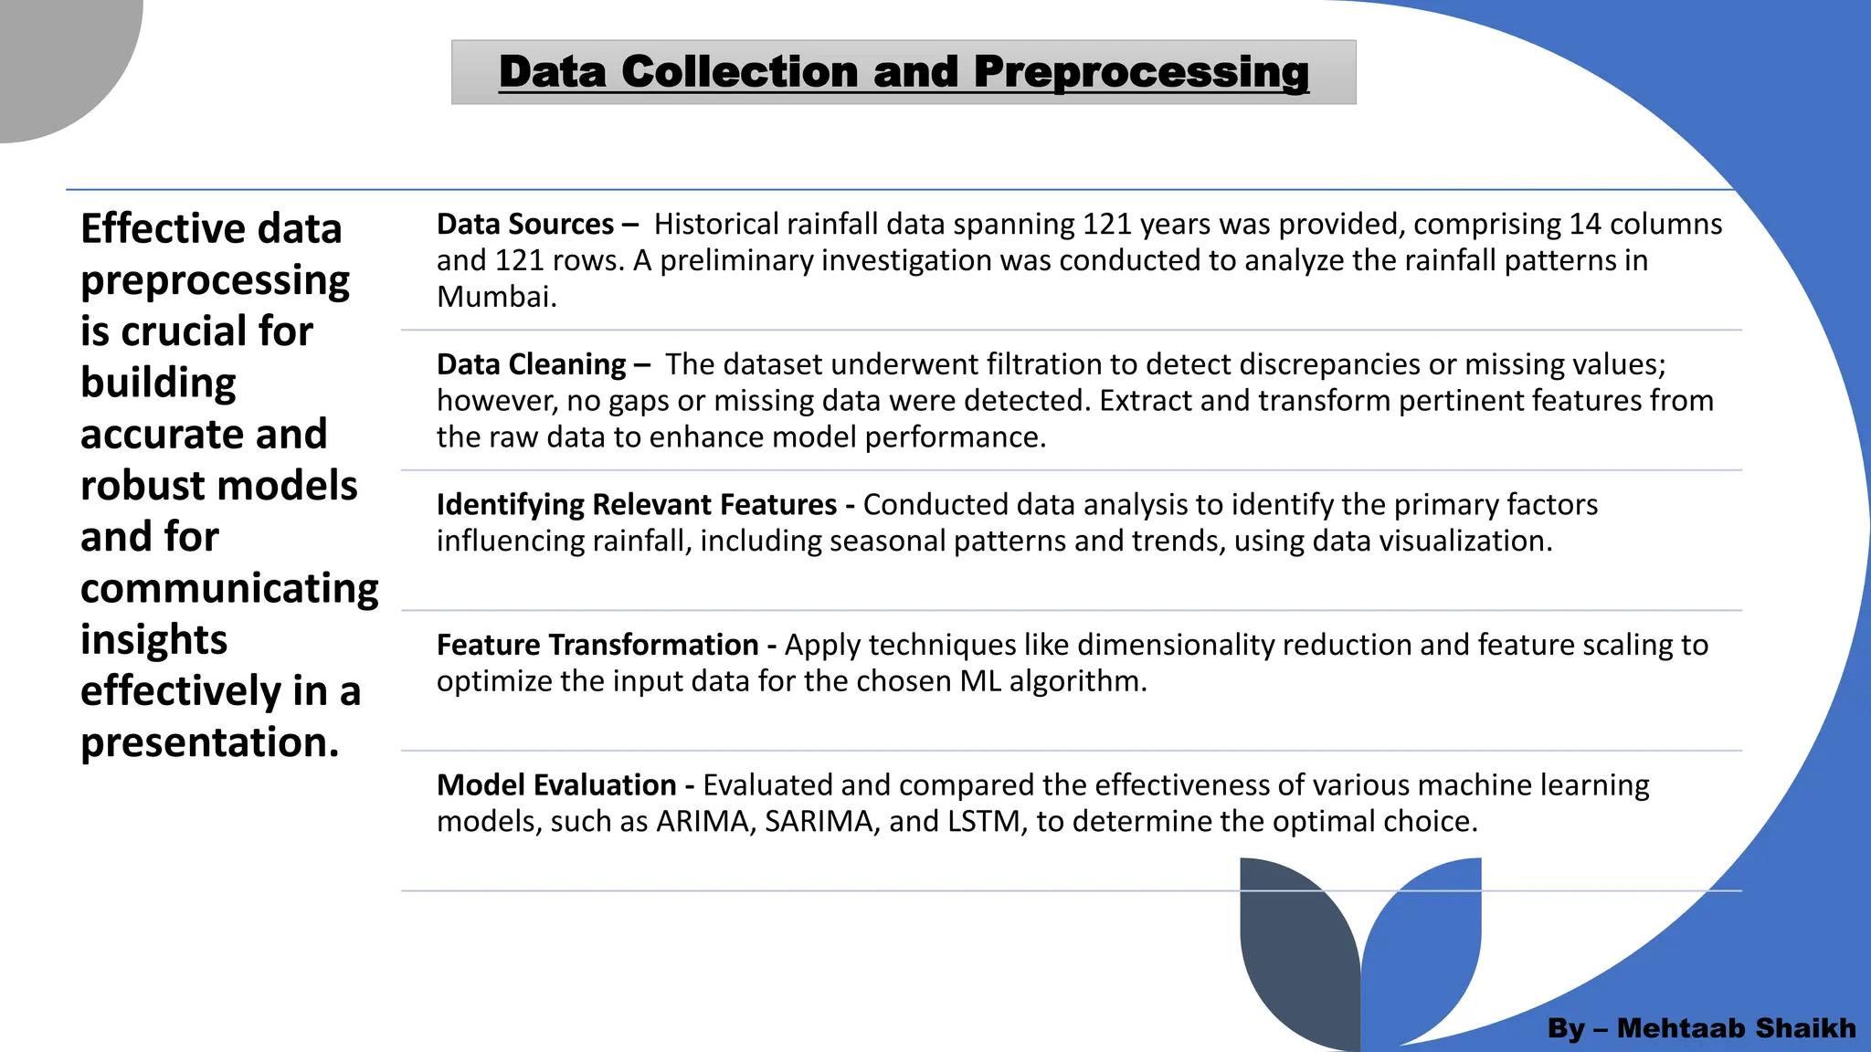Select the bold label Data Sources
524,225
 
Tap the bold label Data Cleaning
531,364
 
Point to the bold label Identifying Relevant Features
636,505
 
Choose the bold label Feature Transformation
597,645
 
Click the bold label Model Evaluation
555,785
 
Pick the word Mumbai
495,297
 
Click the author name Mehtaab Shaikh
1736,1028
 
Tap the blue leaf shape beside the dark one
1425,941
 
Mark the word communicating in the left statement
229,589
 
